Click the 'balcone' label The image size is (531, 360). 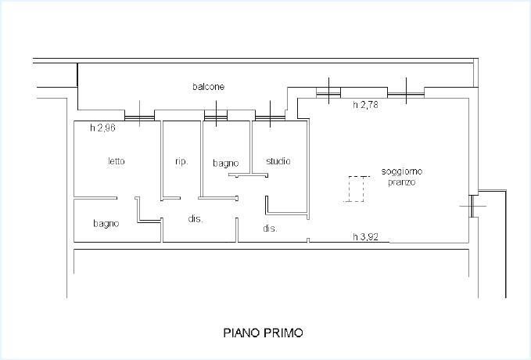(208, 87)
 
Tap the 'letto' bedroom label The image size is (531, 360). (117, 161)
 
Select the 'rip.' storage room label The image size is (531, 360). (181, 162)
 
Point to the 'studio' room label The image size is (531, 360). (278, 161)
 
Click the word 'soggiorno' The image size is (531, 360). (402, 171)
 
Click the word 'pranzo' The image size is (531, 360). (402, 182)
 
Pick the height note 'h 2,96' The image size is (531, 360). (102, 128)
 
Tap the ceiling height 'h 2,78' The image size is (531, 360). (365, 105)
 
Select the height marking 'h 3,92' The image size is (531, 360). (365, 236)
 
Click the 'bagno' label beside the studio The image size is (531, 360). (226, 164)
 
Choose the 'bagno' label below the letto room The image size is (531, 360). (106, 224)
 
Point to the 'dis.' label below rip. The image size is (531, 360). (196, 219)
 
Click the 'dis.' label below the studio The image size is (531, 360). (270, 229)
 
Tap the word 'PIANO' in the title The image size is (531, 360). (241, 333)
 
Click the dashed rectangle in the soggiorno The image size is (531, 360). (357, 189)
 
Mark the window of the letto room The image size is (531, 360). (139, 117)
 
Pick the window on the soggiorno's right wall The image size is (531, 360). (471, 206)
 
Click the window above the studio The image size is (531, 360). (270, 117)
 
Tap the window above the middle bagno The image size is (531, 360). (216, 117)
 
